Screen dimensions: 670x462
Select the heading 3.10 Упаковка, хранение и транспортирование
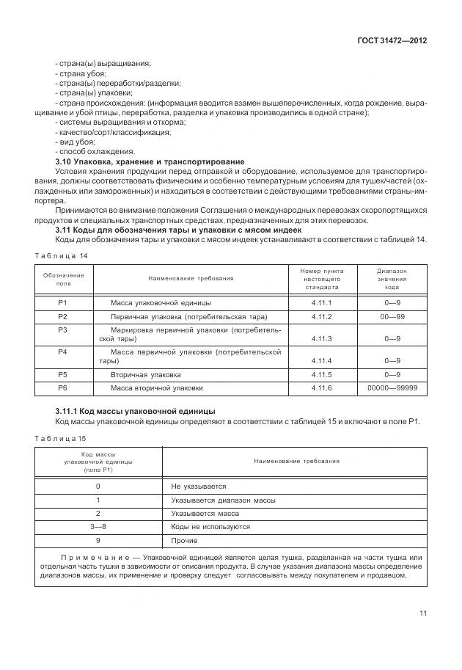click(x=150, y=161)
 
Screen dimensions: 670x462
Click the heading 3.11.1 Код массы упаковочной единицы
click(x=135, y=410)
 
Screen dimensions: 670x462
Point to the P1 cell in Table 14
click(x=63, y=303)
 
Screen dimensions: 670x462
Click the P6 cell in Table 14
click(x=63, y=387)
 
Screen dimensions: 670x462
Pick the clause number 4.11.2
click(x=321, y=317)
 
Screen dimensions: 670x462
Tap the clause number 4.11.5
click(x=321, y=374)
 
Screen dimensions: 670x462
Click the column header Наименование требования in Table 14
click(x=191, y=278)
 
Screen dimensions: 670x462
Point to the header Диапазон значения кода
click(x=392, y=279)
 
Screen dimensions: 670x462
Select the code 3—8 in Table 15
click(x=98, y=527)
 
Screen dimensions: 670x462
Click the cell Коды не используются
click(x=210, y=527)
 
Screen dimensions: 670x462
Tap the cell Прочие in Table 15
click(x=184, y=540)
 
